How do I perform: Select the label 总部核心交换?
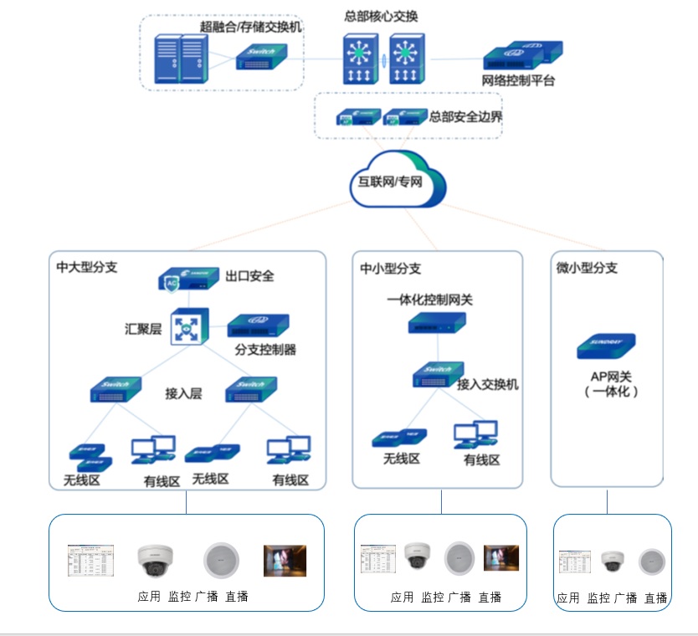(381, 16)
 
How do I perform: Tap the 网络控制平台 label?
(519, 81)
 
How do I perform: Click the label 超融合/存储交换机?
(251, 27)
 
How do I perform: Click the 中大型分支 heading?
(87, 268)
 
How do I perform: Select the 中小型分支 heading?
(391, 269)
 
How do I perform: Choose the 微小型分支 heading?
(587, 268)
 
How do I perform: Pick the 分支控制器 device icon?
(258, 326)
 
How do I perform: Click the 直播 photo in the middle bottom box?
(500, 557)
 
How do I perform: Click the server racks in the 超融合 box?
(181, 58)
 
